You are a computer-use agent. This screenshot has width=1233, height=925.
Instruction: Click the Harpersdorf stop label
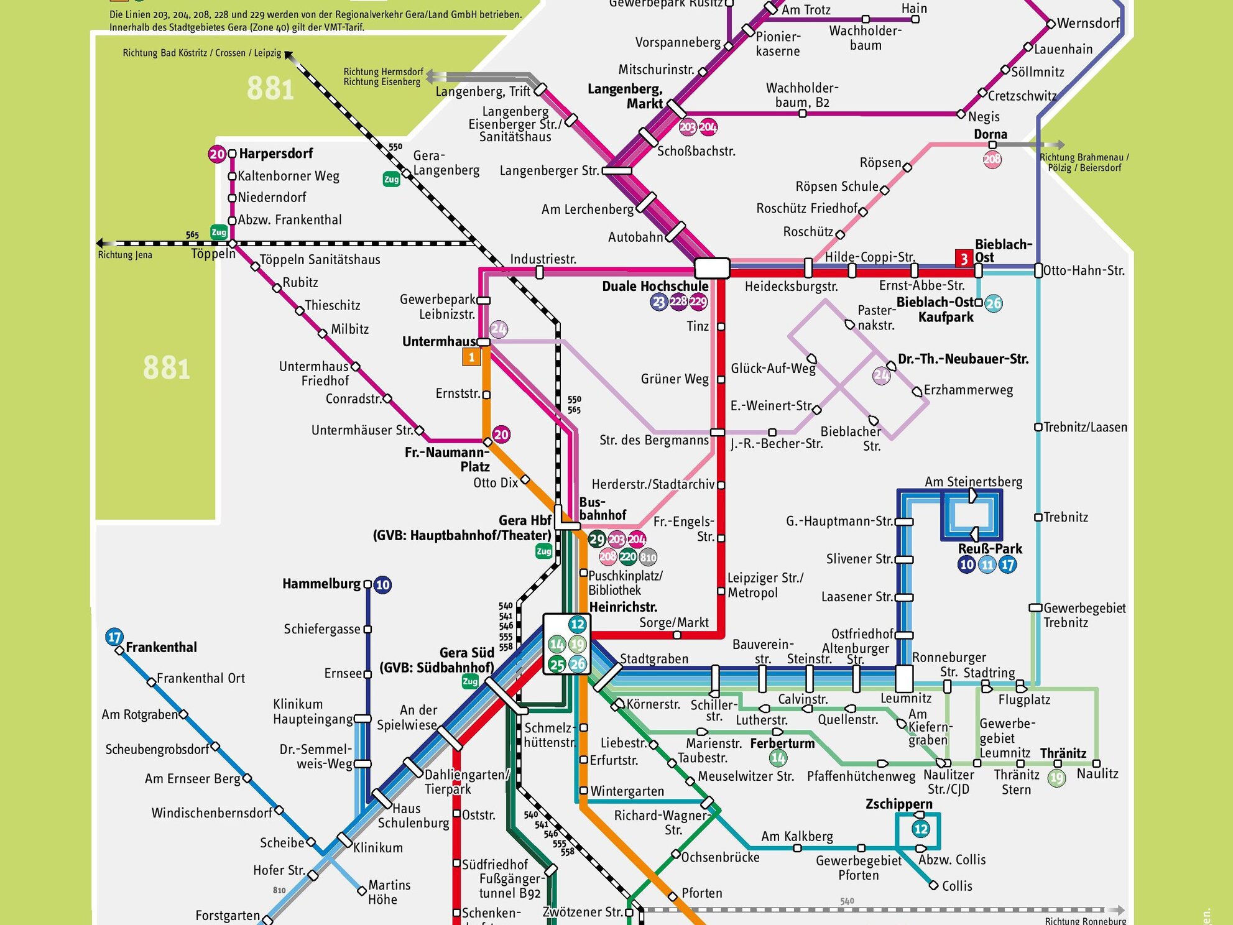tap(275, 154)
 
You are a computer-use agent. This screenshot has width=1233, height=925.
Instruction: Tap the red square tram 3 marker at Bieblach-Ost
tap(964, 259)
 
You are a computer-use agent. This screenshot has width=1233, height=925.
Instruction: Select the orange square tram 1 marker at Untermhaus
tap(471, 357)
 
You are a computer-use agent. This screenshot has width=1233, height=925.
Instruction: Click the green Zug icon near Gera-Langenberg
tap(391, 180)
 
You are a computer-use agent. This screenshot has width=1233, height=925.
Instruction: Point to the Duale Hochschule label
tap(655, 286)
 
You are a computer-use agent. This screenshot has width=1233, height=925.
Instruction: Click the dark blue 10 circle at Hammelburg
tap(383, 584)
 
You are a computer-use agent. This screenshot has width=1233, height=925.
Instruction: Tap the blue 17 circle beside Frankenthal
tap(114, 637)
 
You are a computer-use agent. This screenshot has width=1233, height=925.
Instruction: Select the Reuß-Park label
tap(990, 549)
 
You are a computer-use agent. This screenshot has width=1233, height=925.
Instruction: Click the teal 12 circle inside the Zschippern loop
tap(921, 829)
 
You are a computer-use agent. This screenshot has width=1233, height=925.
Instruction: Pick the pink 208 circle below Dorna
tap(992, 159)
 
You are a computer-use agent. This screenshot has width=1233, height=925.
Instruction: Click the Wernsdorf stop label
tap(1088, 24)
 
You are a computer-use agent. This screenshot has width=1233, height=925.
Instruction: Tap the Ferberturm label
tap(782, 743)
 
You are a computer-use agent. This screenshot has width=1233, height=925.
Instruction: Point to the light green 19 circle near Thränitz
tap(1056, 778)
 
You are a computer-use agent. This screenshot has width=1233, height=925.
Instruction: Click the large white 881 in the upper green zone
tap(270, 89)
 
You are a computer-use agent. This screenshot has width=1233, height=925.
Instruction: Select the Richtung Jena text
tap(125, 255)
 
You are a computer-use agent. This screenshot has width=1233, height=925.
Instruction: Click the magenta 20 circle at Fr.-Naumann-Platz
tap(501, 435)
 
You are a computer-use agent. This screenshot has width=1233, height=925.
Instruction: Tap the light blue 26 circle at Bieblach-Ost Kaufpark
tap(994, 303)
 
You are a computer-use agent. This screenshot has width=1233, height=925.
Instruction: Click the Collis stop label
tap(956, 886)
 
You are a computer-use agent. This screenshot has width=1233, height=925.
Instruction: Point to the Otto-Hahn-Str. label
tap(1084, 270)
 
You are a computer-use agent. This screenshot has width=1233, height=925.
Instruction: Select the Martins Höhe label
tap(389, 892)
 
